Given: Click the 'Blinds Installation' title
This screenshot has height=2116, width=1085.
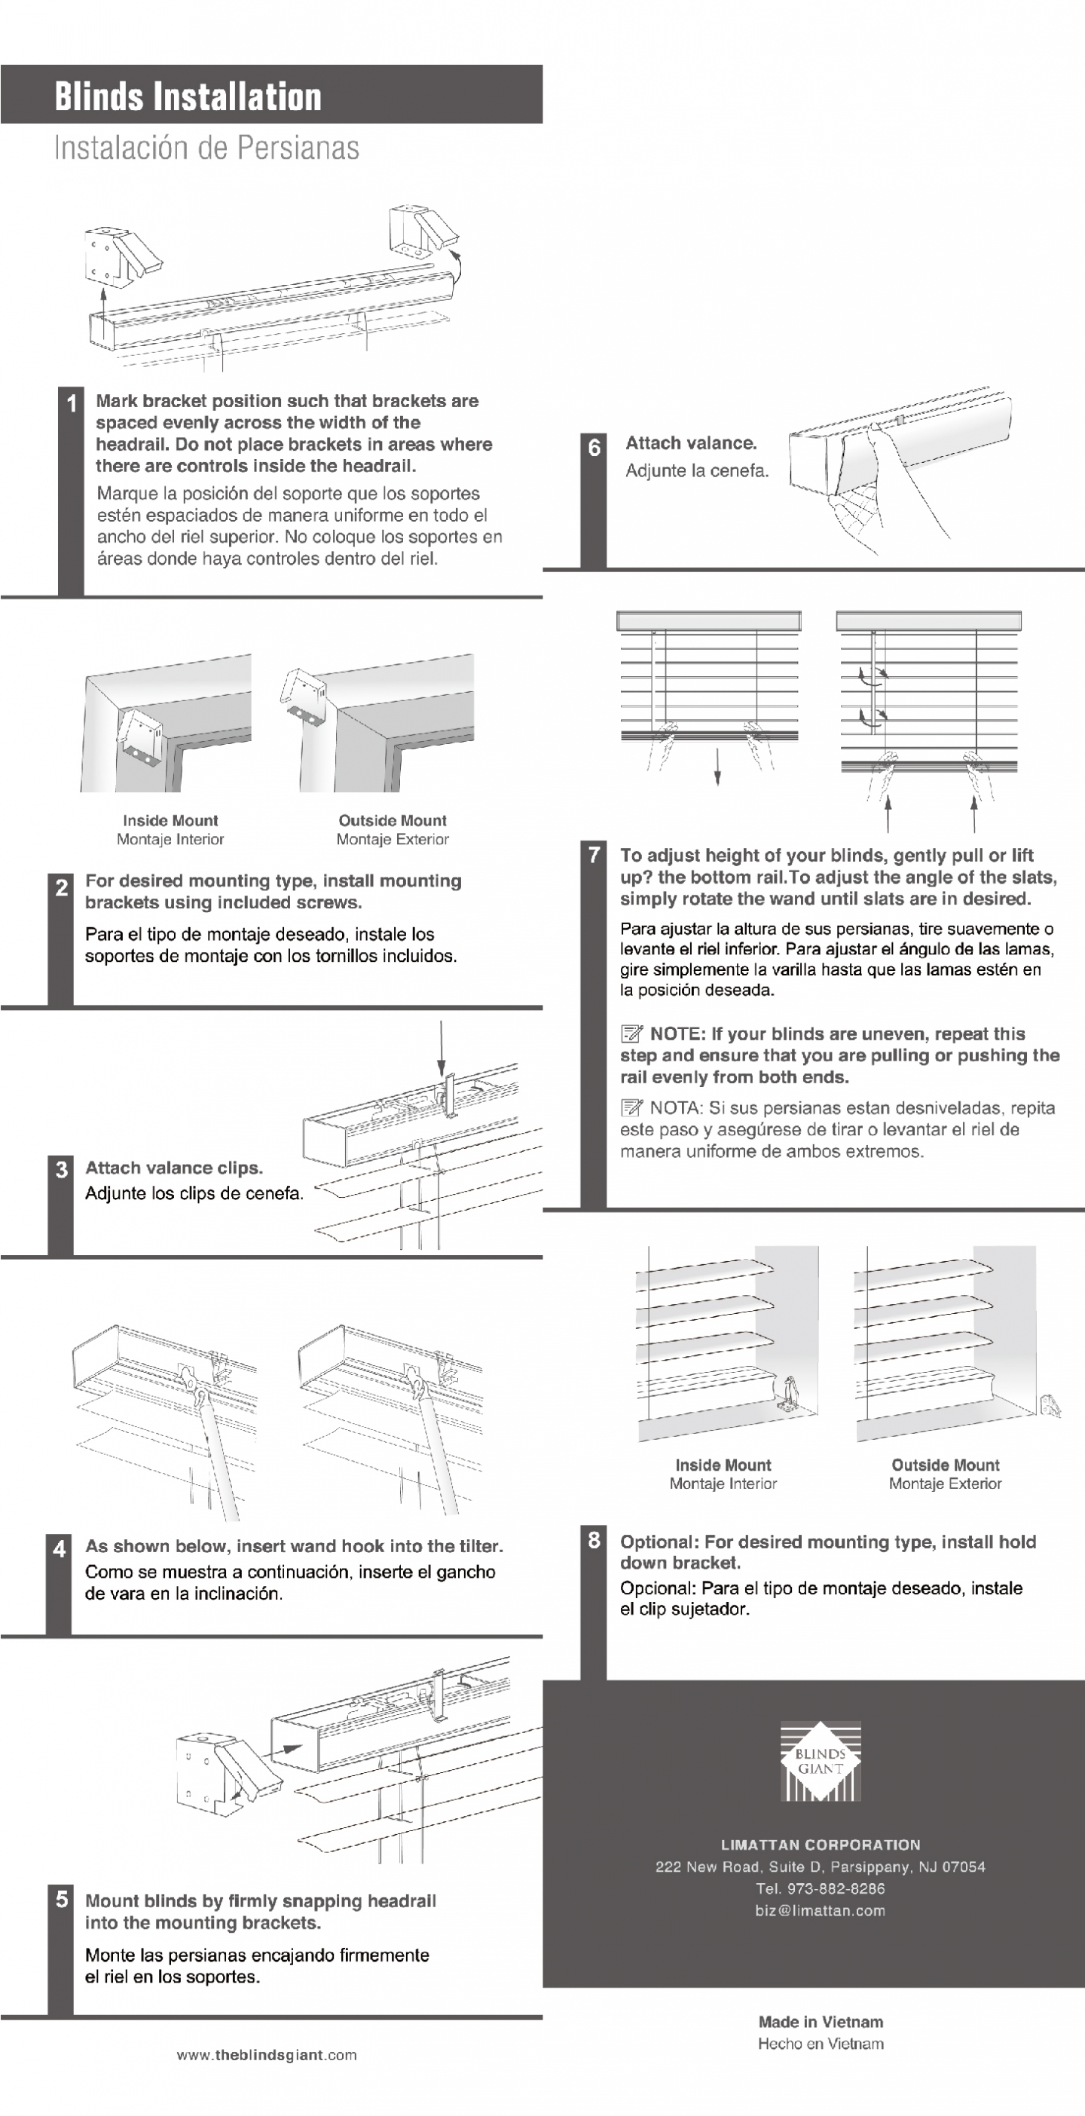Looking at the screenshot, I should point(188,96).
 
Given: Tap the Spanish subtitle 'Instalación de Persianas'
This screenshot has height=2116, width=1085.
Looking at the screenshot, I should point(206,149).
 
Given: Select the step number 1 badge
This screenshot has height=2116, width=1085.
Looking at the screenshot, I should point(72,403).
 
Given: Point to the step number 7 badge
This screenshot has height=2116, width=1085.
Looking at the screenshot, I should point(594,855).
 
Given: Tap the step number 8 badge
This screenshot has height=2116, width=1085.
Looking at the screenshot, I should point(594,1540).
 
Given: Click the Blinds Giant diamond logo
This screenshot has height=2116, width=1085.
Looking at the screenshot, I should point(820,1760).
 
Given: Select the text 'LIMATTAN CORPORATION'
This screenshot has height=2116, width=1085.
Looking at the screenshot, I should point(821,1844).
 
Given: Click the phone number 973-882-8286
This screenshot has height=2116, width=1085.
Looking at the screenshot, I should point(821,1888).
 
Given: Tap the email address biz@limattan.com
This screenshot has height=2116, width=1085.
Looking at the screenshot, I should point(821,1911).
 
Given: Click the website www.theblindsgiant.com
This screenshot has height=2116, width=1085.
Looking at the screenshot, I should point(267,2055).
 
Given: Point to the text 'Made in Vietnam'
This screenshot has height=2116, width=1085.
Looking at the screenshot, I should point(821,2022).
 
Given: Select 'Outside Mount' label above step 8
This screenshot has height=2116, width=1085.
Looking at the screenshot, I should point(946,1465).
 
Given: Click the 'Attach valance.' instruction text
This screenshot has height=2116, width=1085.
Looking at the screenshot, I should point(691,443).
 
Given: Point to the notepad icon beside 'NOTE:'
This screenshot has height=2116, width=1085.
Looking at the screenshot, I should point(631,1034).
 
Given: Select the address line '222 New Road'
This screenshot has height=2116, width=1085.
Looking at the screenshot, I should point(820,1866).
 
